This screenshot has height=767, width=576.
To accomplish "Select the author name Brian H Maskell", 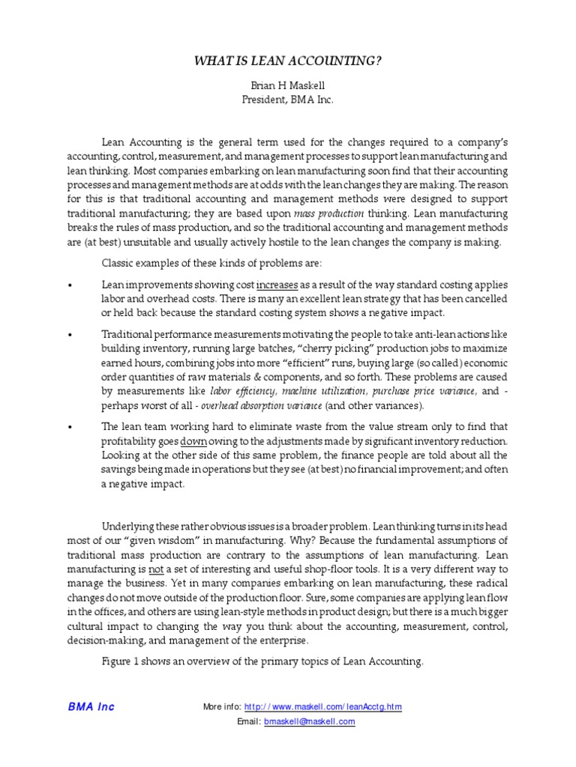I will [288, 86].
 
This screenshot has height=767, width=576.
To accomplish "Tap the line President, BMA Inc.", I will [288, 100].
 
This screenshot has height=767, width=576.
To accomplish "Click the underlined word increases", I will [277, 285].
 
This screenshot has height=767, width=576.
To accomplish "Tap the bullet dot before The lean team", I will [70, 428].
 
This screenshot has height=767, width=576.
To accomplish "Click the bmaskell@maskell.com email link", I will [309, 721].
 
